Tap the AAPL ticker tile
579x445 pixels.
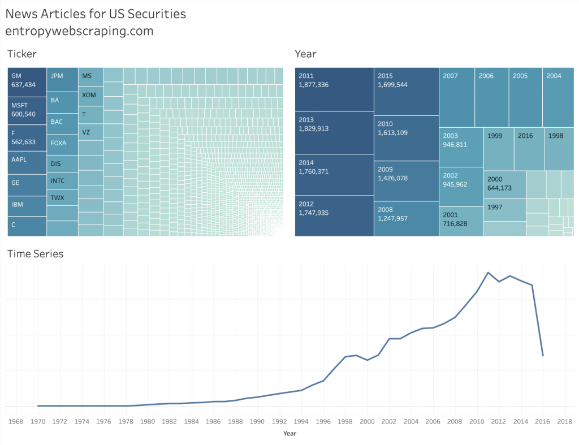(x=27, y=162)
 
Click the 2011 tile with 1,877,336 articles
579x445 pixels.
(x=334, y=89)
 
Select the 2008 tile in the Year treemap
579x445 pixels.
(x=406, y=214)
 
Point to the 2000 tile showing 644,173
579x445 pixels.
(x=504, y=183)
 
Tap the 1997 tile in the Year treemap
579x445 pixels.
(x=505, y=210)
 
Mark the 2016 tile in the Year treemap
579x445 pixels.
(x=529, y=149)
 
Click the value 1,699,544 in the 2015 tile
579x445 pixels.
(x=392, y=85)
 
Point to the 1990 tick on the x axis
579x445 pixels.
(x=257, y=421)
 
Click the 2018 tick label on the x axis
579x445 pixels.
(x=564, y=421)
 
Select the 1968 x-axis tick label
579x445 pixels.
(x=16, y=421)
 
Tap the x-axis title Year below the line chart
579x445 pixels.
(x=289, y=434)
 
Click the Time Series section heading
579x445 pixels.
(x=35, y=254)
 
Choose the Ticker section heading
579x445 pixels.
(x=22, y=54)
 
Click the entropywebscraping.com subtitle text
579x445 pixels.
(x=79, y=31)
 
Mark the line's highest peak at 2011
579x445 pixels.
(x=487, y=273)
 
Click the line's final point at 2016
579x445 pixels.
(x=543, y=356)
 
